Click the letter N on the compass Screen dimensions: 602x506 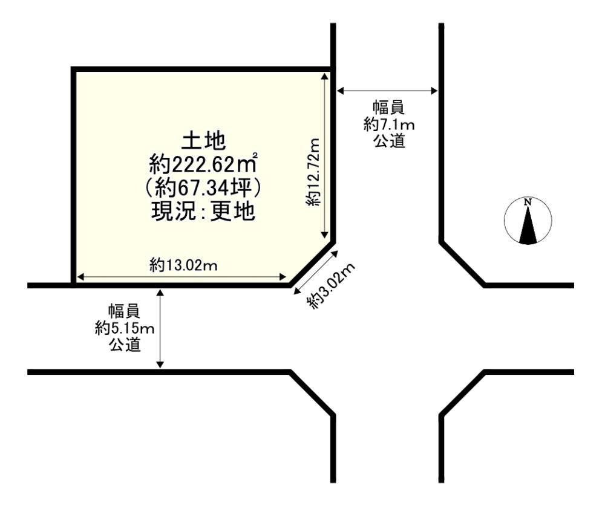pos(528,202)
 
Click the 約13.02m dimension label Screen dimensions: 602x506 pos(183,265)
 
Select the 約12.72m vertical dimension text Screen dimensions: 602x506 pos(313,172)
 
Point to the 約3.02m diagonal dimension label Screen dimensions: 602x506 pos(330,286)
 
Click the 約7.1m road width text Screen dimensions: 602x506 pos(389,125)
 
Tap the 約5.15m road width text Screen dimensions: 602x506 pos(125,328)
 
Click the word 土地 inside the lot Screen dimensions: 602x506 pos(203,141)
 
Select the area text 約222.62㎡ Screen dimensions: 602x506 pos(203,165)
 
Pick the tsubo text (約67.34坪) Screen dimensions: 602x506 pos(203,188)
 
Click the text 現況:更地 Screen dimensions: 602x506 pos(203,211)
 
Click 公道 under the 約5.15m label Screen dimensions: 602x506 pos(125,345)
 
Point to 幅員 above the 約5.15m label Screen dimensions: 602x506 pos(125,311)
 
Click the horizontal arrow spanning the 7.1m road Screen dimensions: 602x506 pos(387,91)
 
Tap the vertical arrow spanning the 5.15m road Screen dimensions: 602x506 pos(160,329)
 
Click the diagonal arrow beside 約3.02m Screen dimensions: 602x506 pos(316,273)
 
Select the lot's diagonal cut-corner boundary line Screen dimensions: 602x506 pos(312,264)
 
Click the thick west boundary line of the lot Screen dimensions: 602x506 pos(73,176)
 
